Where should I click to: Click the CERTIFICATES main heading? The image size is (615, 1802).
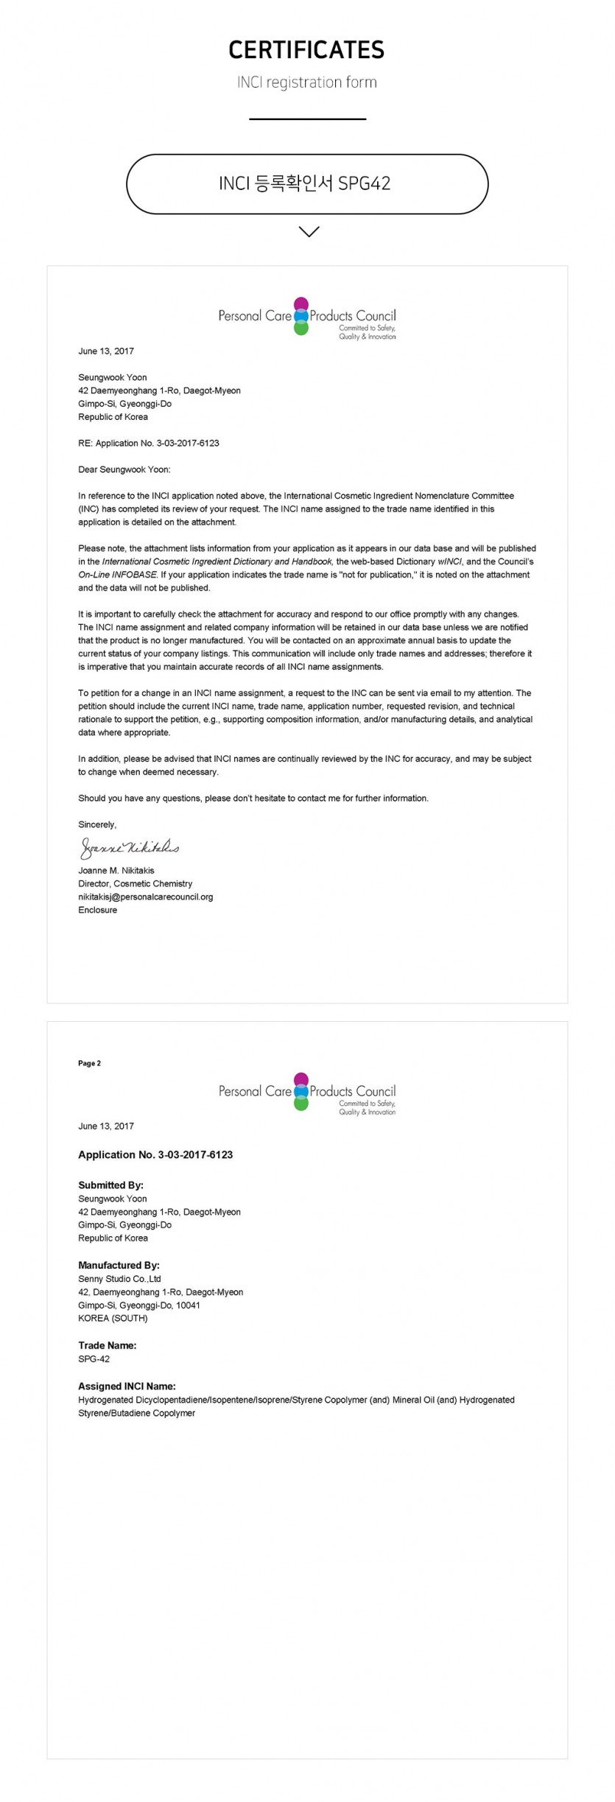(x=306, y=50)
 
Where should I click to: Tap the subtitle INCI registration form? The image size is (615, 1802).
(x=306, y=83)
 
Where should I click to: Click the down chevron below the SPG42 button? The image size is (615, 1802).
(x=309, y=231)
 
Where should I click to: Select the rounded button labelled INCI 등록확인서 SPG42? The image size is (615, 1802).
(x=306, y=184)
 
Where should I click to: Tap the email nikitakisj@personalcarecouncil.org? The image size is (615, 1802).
(x=145, y=897)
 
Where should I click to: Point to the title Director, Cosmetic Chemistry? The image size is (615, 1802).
(x=135, y=883)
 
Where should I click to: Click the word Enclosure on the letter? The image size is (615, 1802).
(x=97, y=910)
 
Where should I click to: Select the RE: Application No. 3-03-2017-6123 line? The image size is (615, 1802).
(x=148, y=443)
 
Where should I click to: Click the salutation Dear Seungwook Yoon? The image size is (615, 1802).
(x=124, y=469)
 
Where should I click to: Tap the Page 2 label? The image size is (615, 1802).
(x=89, y=1063)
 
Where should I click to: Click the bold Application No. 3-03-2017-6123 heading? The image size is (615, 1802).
(x=155, y=1154)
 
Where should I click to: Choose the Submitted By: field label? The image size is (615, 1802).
(x=110, y=1185)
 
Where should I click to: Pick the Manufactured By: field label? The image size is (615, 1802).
(x=119, y=1265)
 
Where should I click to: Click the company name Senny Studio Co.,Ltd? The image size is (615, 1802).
(x=119, y=1279)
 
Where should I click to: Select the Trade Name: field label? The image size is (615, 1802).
(x=107, y=1345)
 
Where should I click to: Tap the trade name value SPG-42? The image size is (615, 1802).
(x=94, y=1358)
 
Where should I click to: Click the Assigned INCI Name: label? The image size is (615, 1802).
(x=127, y=1386)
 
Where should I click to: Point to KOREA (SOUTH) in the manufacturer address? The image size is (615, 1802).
(x=113, y=1318)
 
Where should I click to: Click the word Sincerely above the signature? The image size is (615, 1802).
(x=96, y=824)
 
